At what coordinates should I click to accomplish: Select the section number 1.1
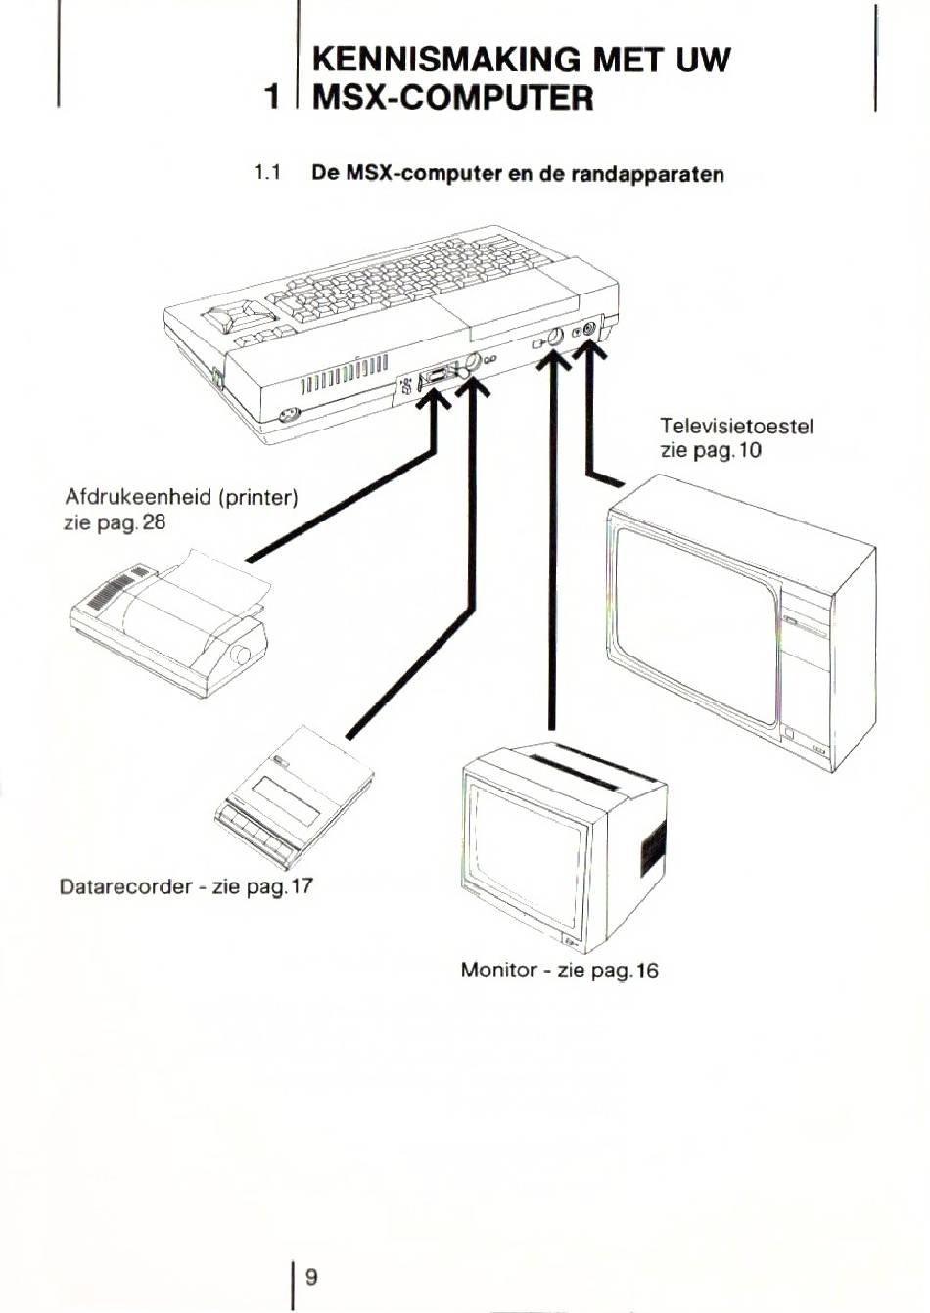pos(266,174)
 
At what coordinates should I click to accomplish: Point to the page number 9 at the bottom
pos(311,1277)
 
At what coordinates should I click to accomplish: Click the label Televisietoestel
pos(736,426)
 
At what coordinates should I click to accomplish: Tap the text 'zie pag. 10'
pos(711,450)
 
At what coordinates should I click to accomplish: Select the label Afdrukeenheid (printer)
pos(180,497)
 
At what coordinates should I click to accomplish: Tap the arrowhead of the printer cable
pos(432,396)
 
